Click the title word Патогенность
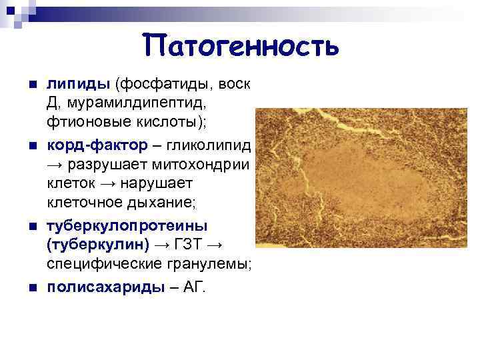coord(241,45)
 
